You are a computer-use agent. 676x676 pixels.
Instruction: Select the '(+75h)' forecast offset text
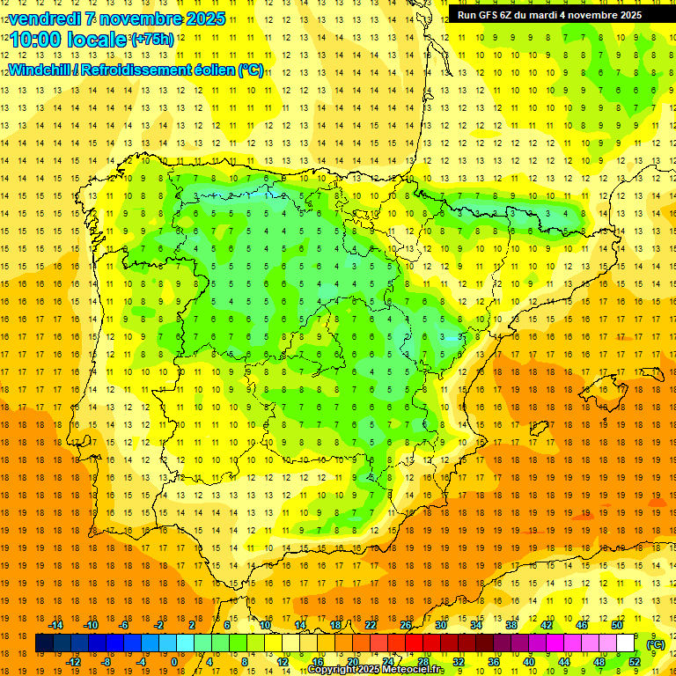pos(151,39)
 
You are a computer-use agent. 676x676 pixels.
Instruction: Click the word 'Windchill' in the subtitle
pos(39,70)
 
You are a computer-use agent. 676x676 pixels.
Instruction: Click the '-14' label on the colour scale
pos(56,625)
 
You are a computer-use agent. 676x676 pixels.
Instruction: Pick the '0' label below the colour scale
pos(174,662)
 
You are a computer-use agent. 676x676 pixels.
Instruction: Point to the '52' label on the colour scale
pos(635,662)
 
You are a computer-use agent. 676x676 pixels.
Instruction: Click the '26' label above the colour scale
pos(406,625)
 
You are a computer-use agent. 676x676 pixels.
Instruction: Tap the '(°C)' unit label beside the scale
pos(656,644)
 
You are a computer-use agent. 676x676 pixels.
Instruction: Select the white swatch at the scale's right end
pos(625,643)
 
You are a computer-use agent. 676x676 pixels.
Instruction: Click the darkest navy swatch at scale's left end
pos(44,643)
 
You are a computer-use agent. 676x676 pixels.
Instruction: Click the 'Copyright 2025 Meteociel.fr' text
pos(376,670)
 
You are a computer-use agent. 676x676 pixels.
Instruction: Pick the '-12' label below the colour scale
pos(74,662)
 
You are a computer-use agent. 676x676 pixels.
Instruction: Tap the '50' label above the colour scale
pos(617,625)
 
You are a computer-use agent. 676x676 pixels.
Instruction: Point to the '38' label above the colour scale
pos(511,625)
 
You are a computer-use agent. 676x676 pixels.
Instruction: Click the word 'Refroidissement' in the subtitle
pos(131,70)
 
